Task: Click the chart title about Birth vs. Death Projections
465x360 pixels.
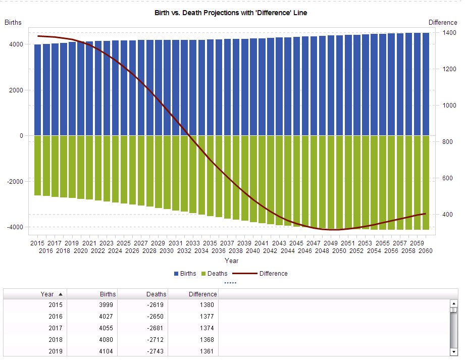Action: click(231, 13)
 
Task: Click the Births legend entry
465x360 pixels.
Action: click(185, 274)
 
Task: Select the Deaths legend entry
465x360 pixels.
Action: click(214, 274)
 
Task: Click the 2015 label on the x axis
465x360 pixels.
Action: click(38, 243)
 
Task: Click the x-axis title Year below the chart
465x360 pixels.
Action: click(231, 261)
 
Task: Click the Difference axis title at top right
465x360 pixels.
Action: click(442, 22)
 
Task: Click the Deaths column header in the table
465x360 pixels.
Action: click(156, 294)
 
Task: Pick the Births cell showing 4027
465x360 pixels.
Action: click(108, 317)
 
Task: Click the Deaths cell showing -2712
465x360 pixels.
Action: click(157, 340)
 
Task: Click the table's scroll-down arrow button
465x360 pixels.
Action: click(453, 351)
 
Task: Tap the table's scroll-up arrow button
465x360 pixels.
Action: click(453, 303)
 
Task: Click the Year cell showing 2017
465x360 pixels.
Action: click(56, 328)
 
